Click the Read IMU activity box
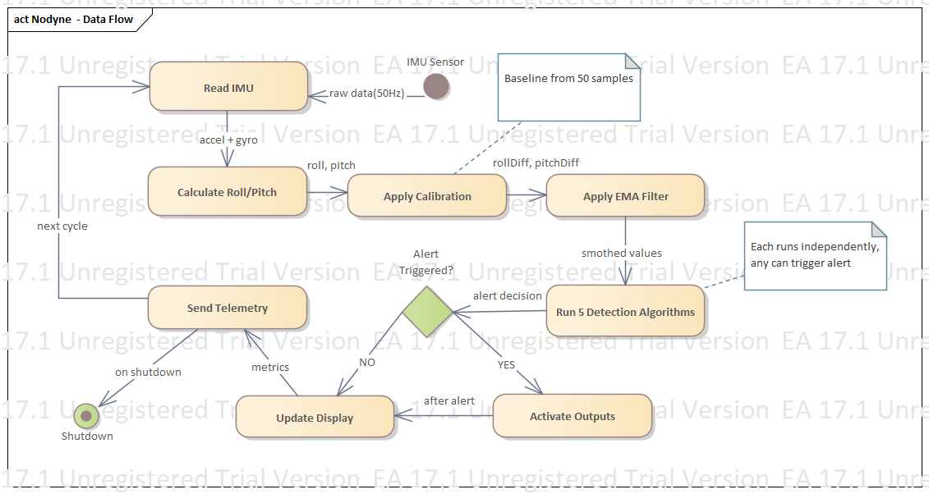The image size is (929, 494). pyautogui.click(x=228, y=86)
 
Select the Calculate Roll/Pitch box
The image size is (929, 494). pyautogui.click(x=227, y=192)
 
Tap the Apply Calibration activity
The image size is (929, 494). pyautogui.click(x=427, y=196)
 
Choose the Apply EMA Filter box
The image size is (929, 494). pyautogui.click(x=625, y=196)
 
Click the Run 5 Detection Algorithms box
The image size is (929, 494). pyautogui.click(x=625, y=311)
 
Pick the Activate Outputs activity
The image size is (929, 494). pyautogui.click(x=572, y=416)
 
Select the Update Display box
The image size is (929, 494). pyautogui.click(x=315, y=417)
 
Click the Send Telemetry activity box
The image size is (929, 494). pyautogui.click(x=228, y=308)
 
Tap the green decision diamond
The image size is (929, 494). pyautogui.click(x=427, y=311)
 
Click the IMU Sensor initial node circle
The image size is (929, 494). pyautogui.click(x=436, y=86)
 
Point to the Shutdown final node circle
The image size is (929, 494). pyautogui.click(x=85, y=416)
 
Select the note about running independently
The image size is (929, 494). pyautogui.click(x=815, y=255)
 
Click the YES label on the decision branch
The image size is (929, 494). pyautogui.click(x=507, y=364)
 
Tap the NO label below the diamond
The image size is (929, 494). pyautogui.click(x=366, y=362)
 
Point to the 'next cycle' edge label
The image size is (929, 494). pyautogui.click(x=62, y=226)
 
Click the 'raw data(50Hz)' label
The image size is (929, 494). pyautogui.click(x=366, y=94)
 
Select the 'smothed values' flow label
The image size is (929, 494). pyautogui.click(x=621, y=253)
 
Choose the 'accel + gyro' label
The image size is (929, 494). pyautogui.click(x=228, y=140)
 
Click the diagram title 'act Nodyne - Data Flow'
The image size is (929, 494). pyautogui.click(x=74, y=19)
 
